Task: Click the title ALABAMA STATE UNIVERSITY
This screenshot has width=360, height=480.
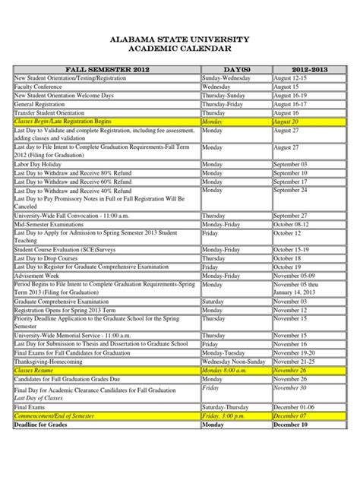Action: coord(180,38)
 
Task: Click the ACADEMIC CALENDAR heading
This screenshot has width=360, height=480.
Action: coord(180,49)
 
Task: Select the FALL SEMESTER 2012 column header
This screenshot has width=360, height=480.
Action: coord(106,69)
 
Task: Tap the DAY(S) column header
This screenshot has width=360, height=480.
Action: coord(235,69)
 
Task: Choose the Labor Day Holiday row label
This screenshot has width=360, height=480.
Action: coord(38,164)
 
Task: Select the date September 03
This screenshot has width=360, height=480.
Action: coord(291,164)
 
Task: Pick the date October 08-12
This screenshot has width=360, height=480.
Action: coord(291,225)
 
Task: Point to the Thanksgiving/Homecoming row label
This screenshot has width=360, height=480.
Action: coord(50,362)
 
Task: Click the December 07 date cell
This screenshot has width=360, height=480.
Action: coord(289,416)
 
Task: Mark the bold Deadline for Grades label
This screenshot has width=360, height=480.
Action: coord(43,425)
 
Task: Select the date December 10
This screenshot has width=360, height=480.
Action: coord(290,425)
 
